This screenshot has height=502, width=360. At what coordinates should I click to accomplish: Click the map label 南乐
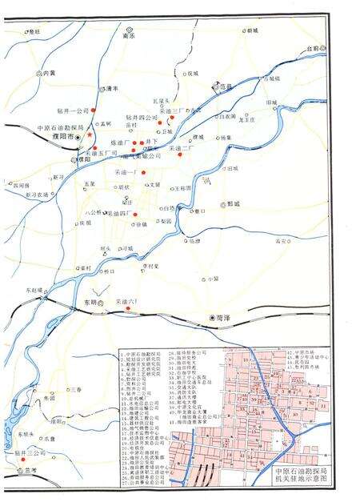coord(128,35)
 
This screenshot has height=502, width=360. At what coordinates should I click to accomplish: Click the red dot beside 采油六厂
coord(128,307)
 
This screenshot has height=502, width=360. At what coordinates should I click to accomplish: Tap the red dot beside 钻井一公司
coord(93,110)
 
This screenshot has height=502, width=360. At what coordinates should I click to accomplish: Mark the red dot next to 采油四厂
coord(136,215)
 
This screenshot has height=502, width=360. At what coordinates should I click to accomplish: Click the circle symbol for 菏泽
coord(212,317)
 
